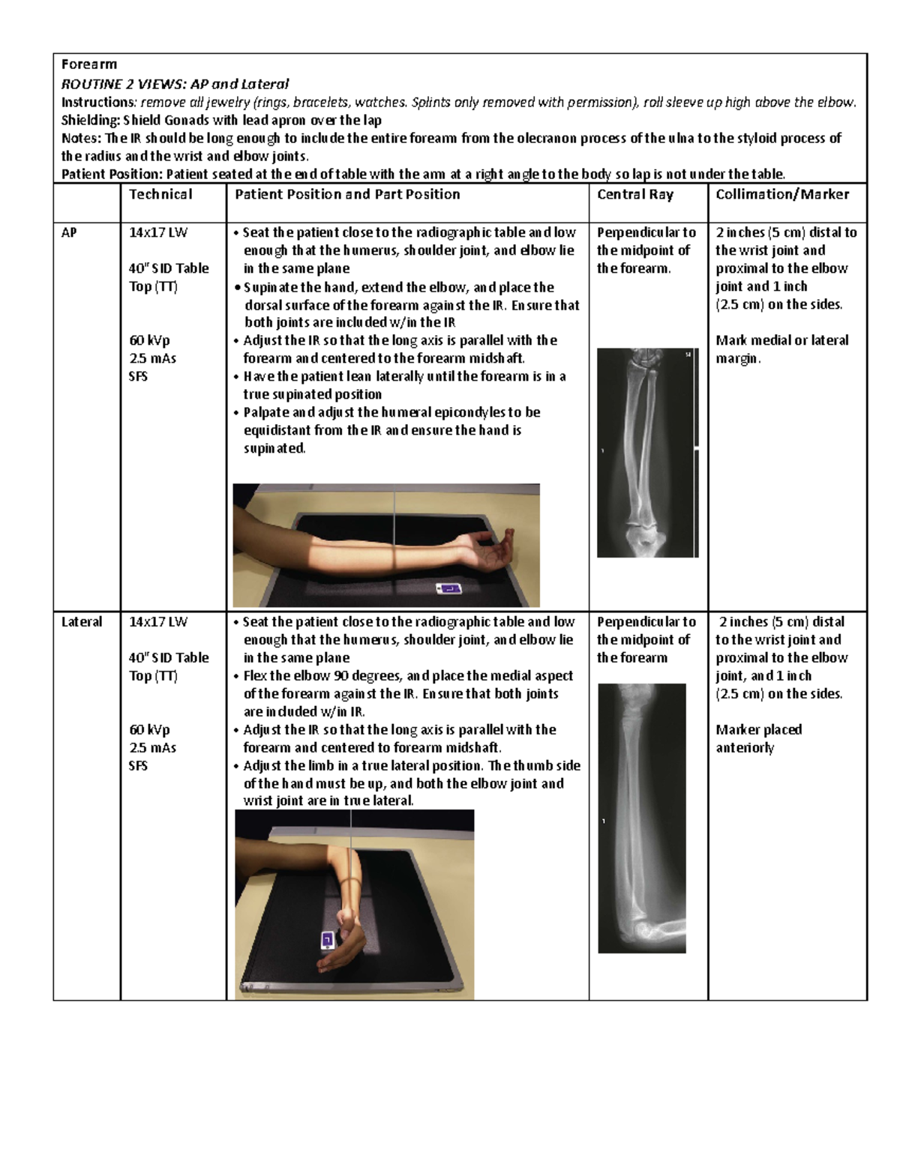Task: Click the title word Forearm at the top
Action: [88, 64]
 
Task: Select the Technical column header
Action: [160, 194]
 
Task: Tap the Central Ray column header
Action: [634, 194]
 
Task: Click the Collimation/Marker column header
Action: [781, 194]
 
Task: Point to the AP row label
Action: [69, 232]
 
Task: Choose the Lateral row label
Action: [81, 621]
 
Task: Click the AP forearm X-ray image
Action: [646, 453]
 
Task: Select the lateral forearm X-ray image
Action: [642, 817]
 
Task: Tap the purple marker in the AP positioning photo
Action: [448, 589]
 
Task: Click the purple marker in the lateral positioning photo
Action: [327, 940]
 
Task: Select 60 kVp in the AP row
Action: [149, 340]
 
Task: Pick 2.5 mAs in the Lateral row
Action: [152, 747]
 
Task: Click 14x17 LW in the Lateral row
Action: [157, 621]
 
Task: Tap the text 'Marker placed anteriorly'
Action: [758, 738]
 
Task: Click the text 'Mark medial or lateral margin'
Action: [781, 349]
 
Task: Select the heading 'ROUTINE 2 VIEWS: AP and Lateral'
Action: [175, 84]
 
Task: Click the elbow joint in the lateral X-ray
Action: [649, 929]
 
